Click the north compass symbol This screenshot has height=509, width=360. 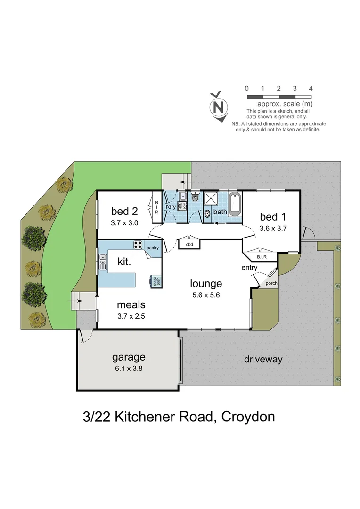pyautogui.click(x=218, y=107)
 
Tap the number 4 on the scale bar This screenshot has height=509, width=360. pyautogui.click(x=311, y=89)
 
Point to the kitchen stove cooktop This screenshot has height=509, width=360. pyautogui.click(x=138, y=245)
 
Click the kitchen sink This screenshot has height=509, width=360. pyautogui.click(x=103, y=262)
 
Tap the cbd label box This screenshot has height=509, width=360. pyautogui.click(x=189, y=245)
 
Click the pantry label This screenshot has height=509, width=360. pyautogui.click(x=152, y=247)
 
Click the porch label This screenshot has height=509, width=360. pyautogui.click(x=271, y=283)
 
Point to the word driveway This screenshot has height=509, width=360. pyautogui.click(x=263, y=360)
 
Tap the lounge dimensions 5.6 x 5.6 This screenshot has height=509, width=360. pyautogui.click(x=206, y=295)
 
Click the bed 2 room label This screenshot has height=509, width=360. pyautogui.click(x=124, y=211)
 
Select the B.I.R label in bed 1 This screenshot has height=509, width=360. pyautogui.click(x=262, y=257)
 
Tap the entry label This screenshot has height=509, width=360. pyautogui.click(x=249, y=268)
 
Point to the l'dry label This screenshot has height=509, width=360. pyautogui.click(x=170, y=207)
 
